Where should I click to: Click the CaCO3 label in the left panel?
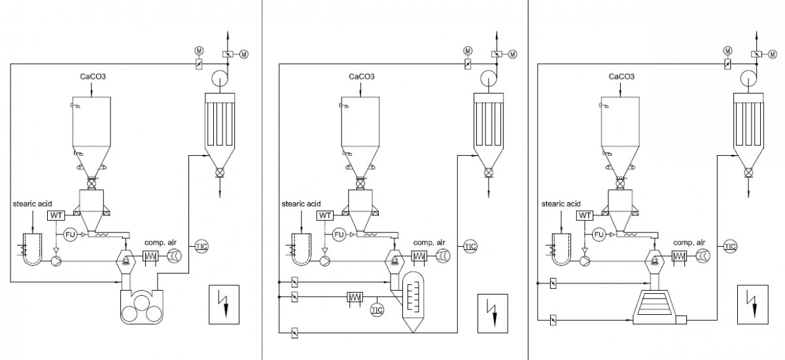(x=93, y=77)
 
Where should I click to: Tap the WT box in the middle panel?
(x=325, y=215)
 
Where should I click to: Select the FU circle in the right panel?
(x=599, y=234)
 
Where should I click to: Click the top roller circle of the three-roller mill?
(x=141, y=302)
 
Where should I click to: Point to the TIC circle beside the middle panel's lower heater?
(x=377, y=310)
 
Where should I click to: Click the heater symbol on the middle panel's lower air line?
(x=355, y=297)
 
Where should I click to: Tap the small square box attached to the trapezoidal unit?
(x=681, y=319)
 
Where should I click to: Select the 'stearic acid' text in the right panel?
(x=561, y=204)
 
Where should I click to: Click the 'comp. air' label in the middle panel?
(x=429, y=242)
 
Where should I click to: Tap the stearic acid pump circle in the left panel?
(x=56, y=261)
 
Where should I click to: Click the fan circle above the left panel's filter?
(x=220, y=77)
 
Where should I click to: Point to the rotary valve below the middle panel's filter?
(x=489, y=172)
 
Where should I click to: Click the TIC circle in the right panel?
(x=730, y=246)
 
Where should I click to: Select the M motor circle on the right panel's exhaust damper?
(x=773, y=54)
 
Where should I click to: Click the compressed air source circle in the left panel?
(x=174, y=256)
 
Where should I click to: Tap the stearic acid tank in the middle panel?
(x=302, y=249)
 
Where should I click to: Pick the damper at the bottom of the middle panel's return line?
(x=295, y=333)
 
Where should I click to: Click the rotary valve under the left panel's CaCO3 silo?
(x=92, y=183)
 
